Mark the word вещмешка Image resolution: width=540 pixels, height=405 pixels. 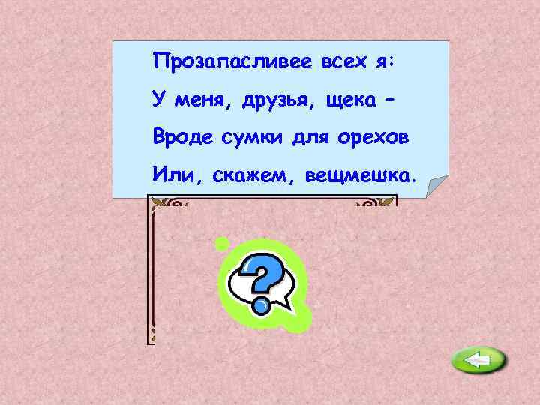pyautogui.click(x=358, y=176)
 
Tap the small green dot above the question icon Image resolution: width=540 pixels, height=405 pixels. pyautogui.click(x=221, y=243)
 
